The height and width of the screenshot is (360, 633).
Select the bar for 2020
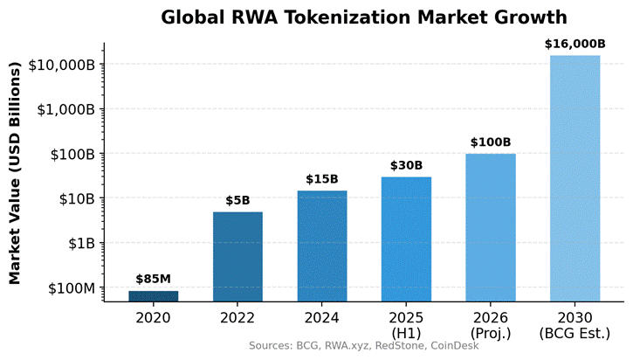(x=154, y=296)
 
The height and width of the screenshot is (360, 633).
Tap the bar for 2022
(x=237, y=256)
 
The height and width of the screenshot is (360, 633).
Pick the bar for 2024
(x=322, y=246)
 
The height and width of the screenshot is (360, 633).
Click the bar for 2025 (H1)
(x=406, y=239)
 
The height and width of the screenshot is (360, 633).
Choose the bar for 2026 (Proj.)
(x=491, y=227)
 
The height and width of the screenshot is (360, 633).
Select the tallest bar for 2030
(x=575, y=178)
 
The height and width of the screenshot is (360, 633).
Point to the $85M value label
(x=154, y=280)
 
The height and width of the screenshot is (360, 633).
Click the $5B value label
(x=237, y=200)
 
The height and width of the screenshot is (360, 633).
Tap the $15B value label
(x=322, y=179)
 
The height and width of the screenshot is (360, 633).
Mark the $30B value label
(x=406, y=165)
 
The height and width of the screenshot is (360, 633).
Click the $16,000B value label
(x=575, y=44)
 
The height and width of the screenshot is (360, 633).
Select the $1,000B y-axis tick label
(x=64, y=109)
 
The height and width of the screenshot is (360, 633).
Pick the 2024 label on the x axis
(x=322, y=317)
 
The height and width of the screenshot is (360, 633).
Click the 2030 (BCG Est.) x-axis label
(x=575, y=324)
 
